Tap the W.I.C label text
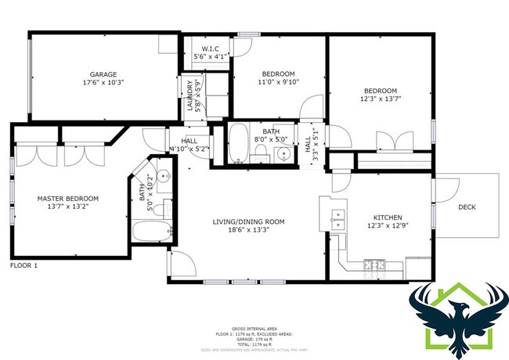(x=209, y=48)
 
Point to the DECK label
(x=467, y=207)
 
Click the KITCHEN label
(x=387, y=217)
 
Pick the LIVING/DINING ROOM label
(x=248, y=222)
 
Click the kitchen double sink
(x=339, y=218)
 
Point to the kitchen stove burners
(x=377, y=265)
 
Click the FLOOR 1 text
(x=23, y=266)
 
